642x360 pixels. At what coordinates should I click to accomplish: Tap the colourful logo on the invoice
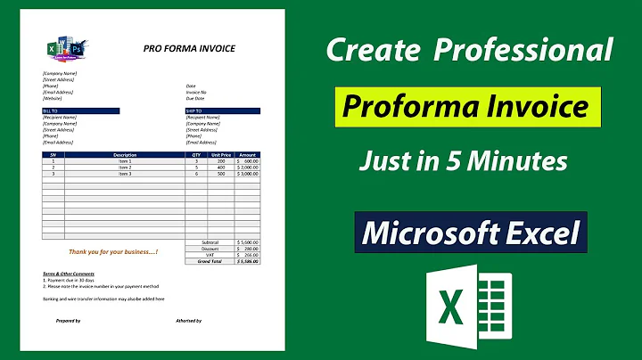(x=65, y=50)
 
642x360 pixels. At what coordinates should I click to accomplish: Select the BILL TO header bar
(x=80, y=110)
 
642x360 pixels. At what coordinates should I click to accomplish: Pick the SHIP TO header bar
(x=222, y=110)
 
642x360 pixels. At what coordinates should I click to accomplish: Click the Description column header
(x=126, y=155)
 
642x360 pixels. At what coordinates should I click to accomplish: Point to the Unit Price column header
(x=220, y=155)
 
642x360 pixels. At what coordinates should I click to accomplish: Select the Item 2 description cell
(x=126, y=167)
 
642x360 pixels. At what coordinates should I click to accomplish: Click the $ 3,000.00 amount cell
(x=248, y=173)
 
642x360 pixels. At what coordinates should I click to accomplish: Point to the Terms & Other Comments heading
(x=69, y=274)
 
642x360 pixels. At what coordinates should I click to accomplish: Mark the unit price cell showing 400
(x=220, y=167)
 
